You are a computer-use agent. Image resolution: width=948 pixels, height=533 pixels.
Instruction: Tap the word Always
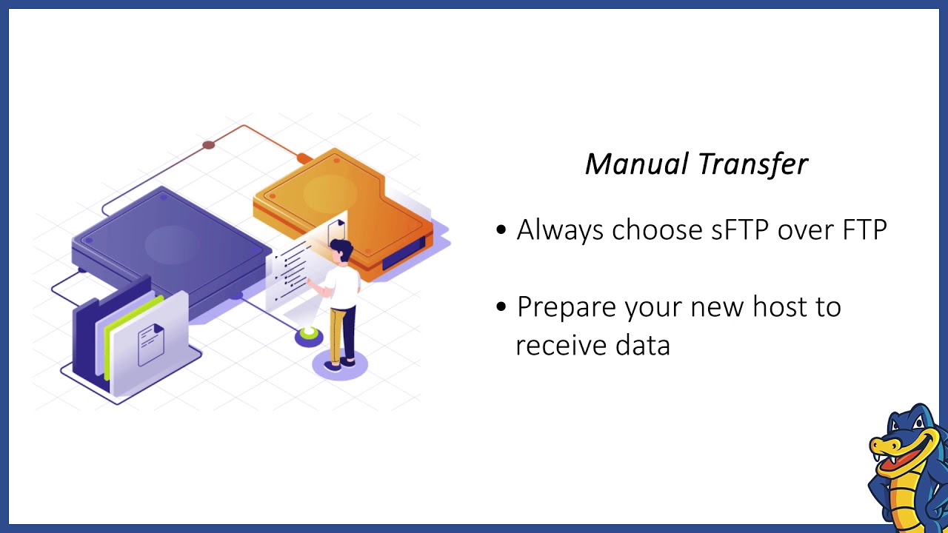click(x=560, y=230)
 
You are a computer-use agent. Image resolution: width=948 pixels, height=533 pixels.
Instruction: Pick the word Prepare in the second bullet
click(x=567, y=307)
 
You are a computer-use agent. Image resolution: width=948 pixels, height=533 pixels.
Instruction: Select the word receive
click(x=561, y=345)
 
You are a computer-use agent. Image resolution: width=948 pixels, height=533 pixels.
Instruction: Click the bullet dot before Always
click(x=502, y=230)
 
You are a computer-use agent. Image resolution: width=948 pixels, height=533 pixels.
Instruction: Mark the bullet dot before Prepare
click(x=502, y=306)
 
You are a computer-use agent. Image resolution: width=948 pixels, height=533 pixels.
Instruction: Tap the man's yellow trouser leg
click(x=338, y=333)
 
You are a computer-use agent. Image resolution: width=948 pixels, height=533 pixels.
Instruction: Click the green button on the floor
click(x=309, y=337)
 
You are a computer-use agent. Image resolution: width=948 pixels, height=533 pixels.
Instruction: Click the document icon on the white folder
click(x=150, y=344)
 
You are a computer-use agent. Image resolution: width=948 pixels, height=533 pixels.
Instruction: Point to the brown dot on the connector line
click(x=209, y=145)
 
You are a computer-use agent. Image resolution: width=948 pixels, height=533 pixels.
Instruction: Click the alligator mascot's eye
click(x=916, y=426)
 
